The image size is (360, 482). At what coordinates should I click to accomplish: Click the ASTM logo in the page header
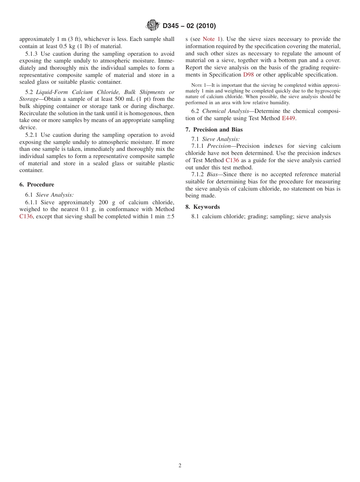(x=153, y=26)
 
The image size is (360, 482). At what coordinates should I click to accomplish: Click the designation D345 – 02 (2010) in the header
(x=189, y=26)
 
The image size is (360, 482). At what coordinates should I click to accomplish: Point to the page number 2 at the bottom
(x=180, y=466)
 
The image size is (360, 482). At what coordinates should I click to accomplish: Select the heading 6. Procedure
(x=37, y=185)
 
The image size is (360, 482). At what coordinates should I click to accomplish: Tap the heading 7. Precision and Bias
(x=214, y=130)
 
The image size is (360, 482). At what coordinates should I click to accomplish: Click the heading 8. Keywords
(x=203, y=207)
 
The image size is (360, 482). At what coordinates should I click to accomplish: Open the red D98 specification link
(x=249, y=75)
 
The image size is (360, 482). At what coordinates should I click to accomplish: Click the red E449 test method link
(x=288, y=118)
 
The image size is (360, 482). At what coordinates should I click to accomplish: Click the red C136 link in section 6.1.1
(x=26, y=216)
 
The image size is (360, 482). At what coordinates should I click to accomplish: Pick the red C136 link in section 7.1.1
(x=232, y=160)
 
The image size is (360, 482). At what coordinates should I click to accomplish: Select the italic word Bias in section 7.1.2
(x=212, y=174)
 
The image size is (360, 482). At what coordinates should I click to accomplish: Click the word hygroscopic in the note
(x=328, y=91)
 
